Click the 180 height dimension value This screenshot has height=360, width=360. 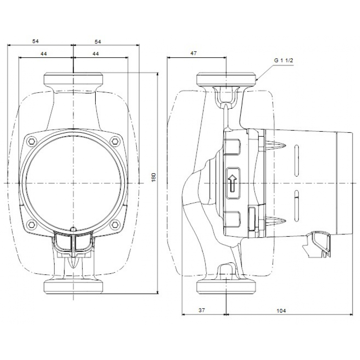point(153,177)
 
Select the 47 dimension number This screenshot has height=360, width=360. point(194,53)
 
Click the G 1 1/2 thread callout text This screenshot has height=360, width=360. point(284,61)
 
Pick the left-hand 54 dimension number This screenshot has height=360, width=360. point(35,41)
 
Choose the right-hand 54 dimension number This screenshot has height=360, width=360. point(98,41)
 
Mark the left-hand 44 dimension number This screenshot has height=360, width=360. point(44,53)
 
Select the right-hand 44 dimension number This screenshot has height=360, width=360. point(96,53)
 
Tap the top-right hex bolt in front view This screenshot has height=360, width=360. point(115,140)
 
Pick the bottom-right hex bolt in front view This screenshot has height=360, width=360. point(115,225)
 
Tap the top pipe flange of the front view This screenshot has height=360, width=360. point(73,79)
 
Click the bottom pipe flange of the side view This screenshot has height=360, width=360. point(226,287)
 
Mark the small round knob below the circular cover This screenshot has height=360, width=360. point(73,229)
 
